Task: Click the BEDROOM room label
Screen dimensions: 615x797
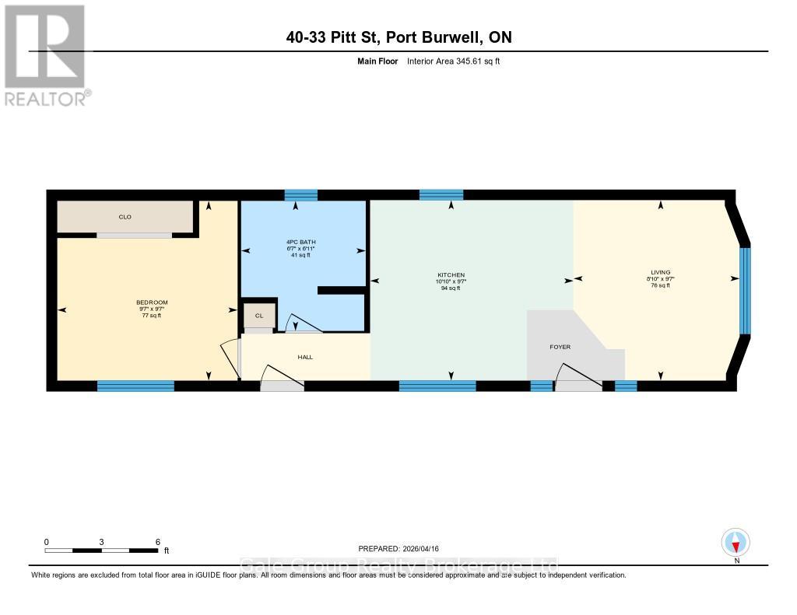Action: tap(152, 302)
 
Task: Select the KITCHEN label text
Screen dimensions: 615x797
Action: tap(451, 275)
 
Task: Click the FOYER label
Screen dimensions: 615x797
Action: tap(560, 347)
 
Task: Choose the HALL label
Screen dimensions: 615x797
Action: tap(304, 356)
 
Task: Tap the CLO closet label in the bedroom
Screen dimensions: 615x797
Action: tap(125, 217)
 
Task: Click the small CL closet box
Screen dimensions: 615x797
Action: tap(259, 315)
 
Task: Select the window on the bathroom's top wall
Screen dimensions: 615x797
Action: tap(300, 195)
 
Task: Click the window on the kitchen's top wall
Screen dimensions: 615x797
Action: tap(441, 195)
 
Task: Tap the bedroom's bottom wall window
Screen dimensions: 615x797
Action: tap(135, 386)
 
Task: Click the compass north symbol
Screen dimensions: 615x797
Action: tap(736, 542)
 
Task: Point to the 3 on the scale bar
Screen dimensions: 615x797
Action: tap(102, 542)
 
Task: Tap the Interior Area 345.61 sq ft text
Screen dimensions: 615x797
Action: tap(453, 61)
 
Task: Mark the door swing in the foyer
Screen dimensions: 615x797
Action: tap(578, 376)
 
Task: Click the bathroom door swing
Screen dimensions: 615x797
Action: tap(297, 324)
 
